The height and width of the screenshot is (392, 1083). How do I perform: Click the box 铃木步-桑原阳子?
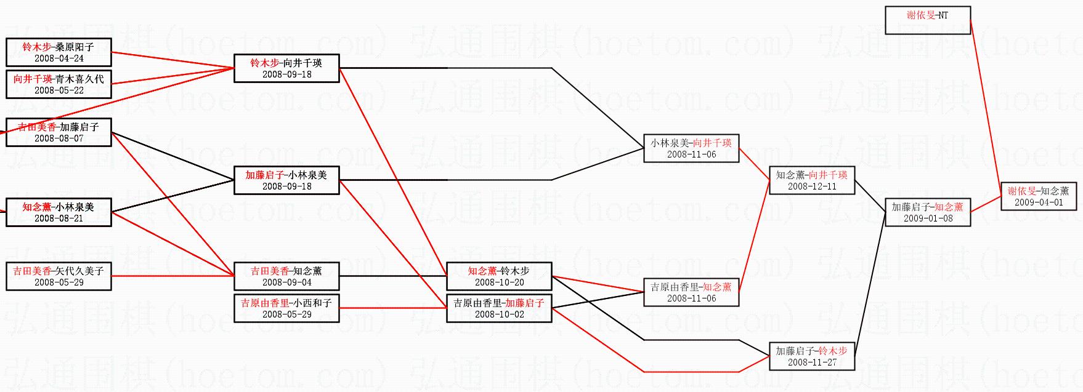point(59,52)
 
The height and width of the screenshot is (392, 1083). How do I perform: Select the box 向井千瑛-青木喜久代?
point(59,84)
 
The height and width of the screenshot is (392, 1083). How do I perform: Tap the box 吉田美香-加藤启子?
point(59,132)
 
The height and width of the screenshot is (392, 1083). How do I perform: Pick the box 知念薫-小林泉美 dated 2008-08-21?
point(59,212)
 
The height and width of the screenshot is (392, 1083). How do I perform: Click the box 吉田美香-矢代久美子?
point(59,276)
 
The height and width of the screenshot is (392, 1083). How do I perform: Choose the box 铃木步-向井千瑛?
point(286,68)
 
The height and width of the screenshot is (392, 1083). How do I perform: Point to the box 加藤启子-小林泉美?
point(286,180)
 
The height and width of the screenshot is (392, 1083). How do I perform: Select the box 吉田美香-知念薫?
point(286,276)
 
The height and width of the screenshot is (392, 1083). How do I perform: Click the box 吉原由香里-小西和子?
point(286,308)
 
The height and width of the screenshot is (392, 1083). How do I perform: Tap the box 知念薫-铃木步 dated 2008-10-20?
point(499,276)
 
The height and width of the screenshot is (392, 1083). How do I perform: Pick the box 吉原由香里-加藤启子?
point(499,308)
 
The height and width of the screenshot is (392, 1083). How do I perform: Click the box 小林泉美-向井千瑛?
point(691,148)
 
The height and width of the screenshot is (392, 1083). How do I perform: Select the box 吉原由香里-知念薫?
point(691,292)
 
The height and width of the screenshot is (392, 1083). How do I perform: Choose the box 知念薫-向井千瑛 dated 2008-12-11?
point(812,180)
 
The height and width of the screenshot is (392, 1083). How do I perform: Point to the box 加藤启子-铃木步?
point(812,356)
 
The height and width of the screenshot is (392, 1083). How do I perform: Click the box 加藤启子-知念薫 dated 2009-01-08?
point(928,212)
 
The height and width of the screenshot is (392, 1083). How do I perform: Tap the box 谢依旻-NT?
point(928,20)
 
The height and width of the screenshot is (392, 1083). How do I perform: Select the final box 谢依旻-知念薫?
point(1039,196)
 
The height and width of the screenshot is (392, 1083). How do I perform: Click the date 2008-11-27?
point(812,362)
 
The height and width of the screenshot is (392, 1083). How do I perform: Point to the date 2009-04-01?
point(1039,202)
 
